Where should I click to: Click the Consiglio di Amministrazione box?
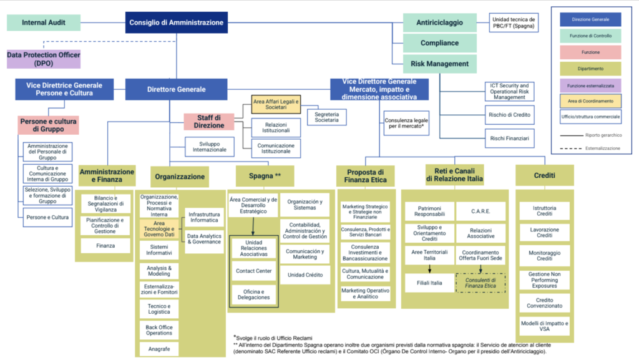coord(176,23)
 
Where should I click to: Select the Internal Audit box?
coord(44,23)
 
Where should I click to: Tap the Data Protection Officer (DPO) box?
coord(44,59)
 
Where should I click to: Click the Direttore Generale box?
coord(176,89)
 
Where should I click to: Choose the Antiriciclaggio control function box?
coord(439,23)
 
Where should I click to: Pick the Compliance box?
coord(439,43)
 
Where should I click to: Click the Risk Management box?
coord(439,64)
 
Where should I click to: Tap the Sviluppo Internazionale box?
coord(209,147)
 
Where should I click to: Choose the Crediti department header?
coord(545,176)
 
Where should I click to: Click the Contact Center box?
coord(253,271)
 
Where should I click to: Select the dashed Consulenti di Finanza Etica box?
coord(480,283)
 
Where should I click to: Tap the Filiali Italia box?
coord(429,283)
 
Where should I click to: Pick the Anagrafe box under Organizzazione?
coord(159,349)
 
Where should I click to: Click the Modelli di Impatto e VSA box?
coord(545,326)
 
